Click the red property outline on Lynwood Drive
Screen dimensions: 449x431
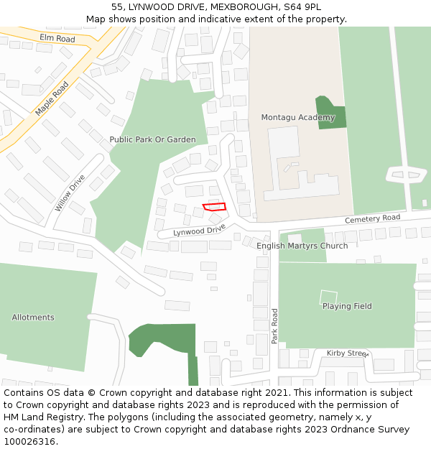214,207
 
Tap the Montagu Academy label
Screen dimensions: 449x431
287,117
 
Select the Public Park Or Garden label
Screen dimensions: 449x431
152,139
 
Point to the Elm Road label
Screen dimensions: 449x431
57,37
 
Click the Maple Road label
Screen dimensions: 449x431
52,99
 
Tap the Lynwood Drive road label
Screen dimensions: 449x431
199,231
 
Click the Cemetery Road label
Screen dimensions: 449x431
372,218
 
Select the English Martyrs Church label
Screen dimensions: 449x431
302,246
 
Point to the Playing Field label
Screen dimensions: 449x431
347,306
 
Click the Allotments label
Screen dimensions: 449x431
33,317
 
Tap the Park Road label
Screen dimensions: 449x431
274,326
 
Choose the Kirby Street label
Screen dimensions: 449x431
347,353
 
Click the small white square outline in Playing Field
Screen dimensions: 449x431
328,297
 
